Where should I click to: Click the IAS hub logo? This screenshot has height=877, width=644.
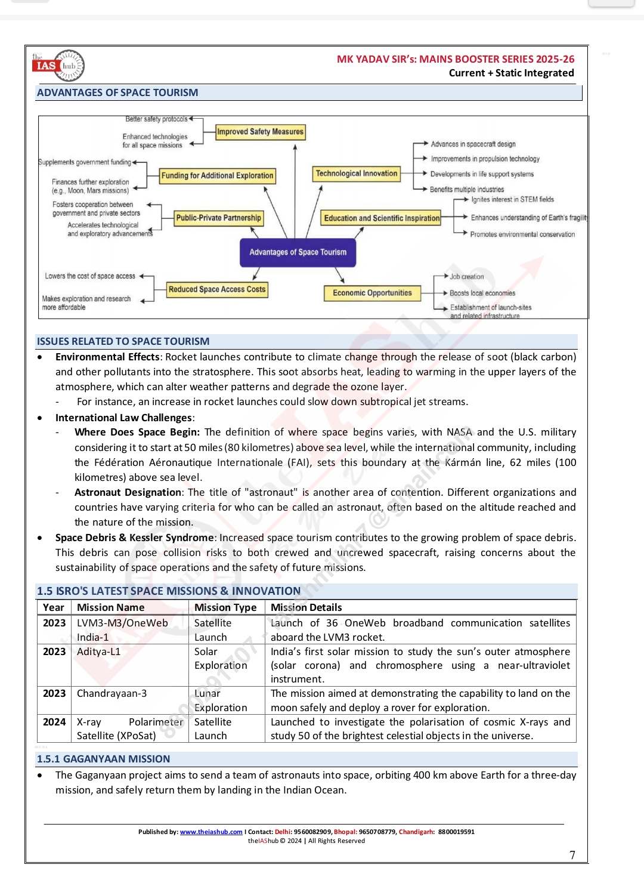[x=58, y=66]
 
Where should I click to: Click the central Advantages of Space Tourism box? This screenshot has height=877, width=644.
[x=298, y=252]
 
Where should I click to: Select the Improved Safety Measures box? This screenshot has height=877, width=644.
[x=260, y=132]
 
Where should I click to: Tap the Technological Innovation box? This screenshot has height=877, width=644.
[x=356, y=174]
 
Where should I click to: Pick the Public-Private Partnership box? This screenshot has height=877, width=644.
[x=218, y=218]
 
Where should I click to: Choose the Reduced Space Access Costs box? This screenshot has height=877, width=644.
[x=217, y=289]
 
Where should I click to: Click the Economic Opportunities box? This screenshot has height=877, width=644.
[x=372, y=293]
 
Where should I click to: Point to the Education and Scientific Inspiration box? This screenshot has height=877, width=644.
[x=382, y=218]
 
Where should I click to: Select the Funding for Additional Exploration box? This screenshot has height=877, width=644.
[x=217, y=175]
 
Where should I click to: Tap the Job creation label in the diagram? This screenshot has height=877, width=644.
[x=466, y=277]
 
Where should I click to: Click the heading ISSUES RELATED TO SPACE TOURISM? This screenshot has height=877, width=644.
[x=123, y=341]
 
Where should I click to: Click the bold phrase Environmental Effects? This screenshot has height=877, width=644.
[x=107, y=357]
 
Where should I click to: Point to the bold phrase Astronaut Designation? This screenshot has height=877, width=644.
[x=128, y=492]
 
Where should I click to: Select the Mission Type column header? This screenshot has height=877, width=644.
[x=225, y=607]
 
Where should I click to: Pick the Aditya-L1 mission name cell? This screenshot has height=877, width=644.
[x=98, y=651]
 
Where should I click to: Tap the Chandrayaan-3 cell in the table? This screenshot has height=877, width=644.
[x=112, y=693]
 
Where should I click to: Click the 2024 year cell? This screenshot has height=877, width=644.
[x=54, y=722]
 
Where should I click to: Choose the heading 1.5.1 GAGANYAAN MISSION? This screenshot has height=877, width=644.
[x=103, y=759]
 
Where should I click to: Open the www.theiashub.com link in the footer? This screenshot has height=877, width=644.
[x=211, y=832]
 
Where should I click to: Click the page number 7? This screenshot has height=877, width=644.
[x=572, y=855]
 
